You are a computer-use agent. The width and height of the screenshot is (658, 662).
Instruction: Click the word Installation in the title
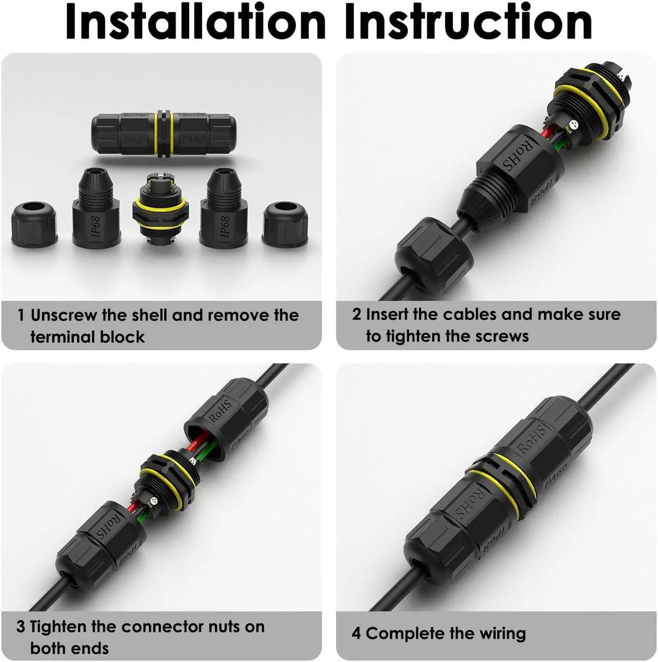195,21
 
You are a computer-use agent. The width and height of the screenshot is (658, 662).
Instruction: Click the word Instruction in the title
469,21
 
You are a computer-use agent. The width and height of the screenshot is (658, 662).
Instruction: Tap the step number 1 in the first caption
21,315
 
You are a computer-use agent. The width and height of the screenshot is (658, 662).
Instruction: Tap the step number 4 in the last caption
356,633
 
